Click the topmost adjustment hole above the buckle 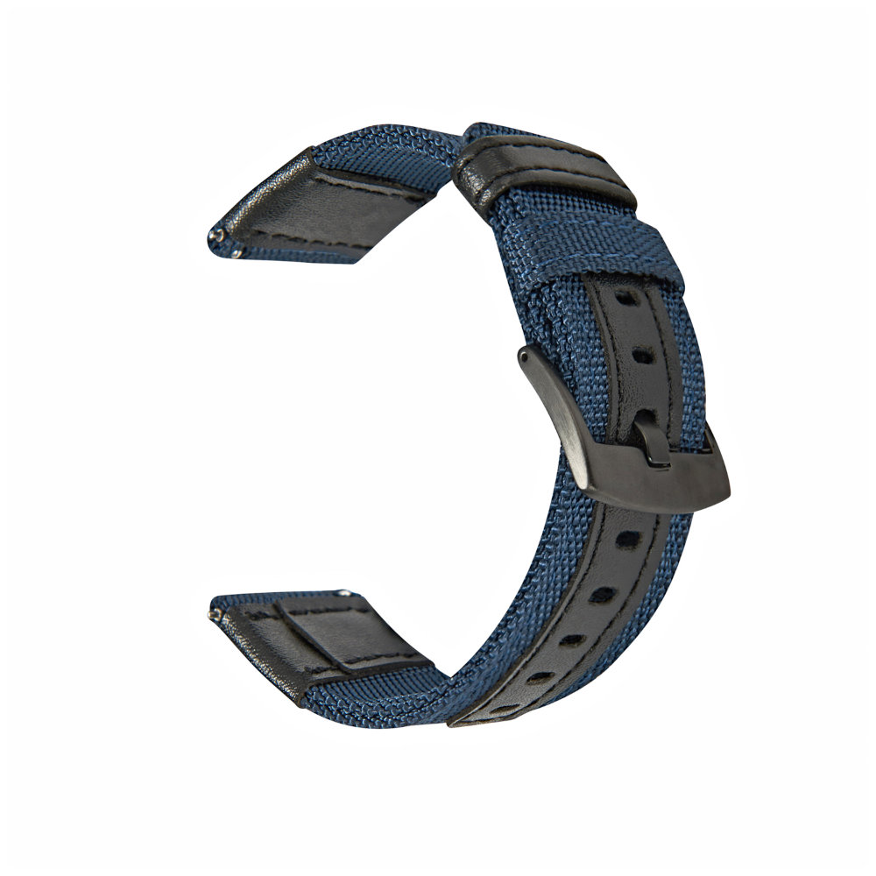[x=626, y=299]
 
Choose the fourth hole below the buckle [x=540, y=677]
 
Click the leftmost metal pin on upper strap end [x=212, y=235]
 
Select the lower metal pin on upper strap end [x=237, y=253]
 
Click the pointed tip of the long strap [x=455, y=723]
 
